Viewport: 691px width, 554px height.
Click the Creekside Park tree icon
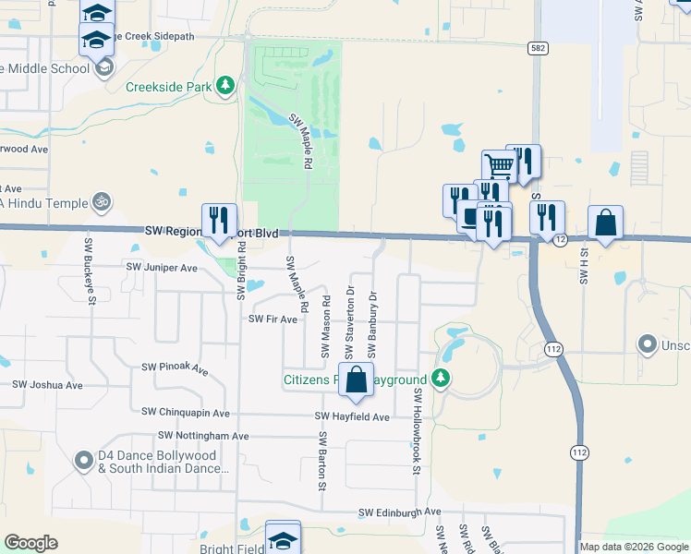(224, 88)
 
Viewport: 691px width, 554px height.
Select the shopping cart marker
(499, 166)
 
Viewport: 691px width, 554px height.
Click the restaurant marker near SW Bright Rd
(219, 220)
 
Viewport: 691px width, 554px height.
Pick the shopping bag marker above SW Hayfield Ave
(356, 379)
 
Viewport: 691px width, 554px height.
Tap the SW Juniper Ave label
(163, 268)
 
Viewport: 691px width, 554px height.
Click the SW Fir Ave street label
(273, 319)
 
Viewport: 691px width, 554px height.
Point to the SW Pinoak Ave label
(175, 367)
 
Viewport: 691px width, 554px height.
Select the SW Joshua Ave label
(47, 385)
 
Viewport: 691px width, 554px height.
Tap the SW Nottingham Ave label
(203, 435)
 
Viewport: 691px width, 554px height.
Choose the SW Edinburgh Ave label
(400, 512)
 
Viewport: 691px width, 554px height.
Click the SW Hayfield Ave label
(352, 417)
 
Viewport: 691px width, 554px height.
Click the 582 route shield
(536, 46)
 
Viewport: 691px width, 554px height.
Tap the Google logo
(30, 543)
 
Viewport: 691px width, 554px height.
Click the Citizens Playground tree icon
(442, 379)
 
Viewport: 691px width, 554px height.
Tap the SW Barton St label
(322, 461)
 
